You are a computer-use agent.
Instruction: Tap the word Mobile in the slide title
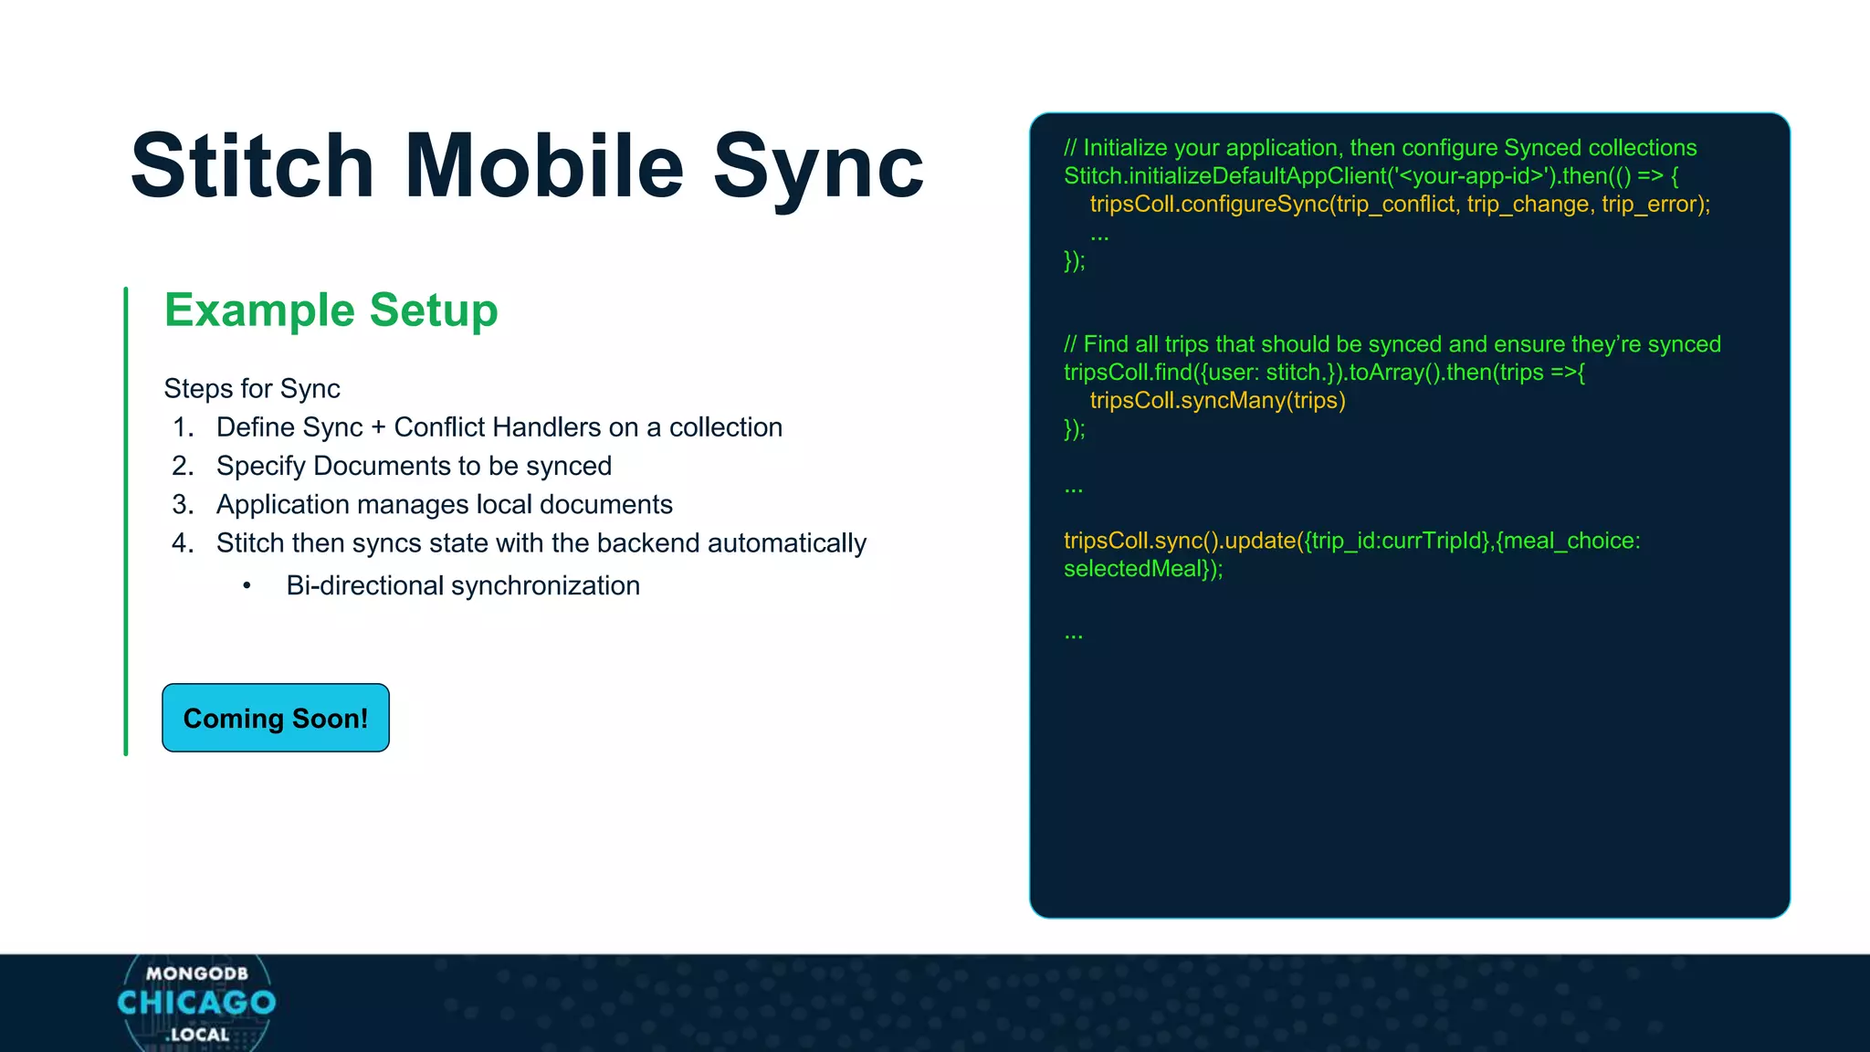coord(544,166)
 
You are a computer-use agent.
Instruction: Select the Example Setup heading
coord(331,310)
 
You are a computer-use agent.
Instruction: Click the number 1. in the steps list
coord(184,427)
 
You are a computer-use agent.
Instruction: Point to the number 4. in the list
coord(183,543)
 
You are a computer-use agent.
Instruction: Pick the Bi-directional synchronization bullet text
coord(462,586)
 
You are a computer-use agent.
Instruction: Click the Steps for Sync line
coord(252,389)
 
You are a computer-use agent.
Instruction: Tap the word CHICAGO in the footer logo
coord(196,1003)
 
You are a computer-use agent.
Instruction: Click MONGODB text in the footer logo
coord(197,973)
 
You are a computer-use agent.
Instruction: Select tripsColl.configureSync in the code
coord(1209,205)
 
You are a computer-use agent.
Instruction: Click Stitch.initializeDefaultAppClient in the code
coord(1225,176)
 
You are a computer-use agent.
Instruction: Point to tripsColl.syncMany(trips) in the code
coord(1217,401)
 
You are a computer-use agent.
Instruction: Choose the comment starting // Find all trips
coord(1392,344)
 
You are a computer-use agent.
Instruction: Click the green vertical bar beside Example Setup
coord(126,521)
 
